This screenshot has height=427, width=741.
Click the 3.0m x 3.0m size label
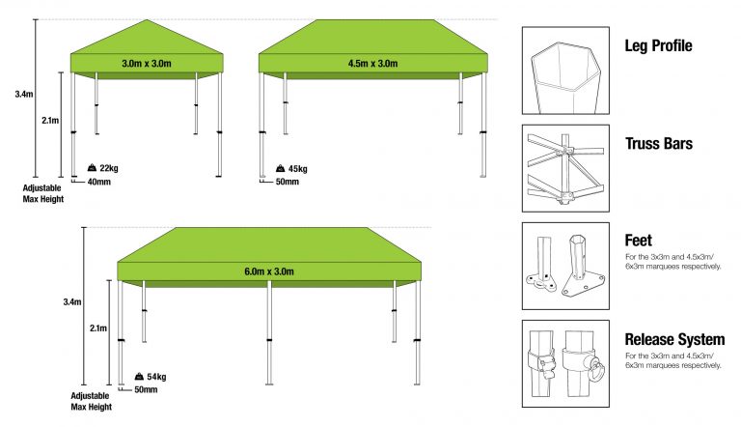tap(147, 64)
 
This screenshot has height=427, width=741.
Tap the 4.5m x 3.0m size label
tap(372, 64)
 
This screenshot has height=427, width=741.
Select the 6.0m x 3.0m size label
tap(268, 271)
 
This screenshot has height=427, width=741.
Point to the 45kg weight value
tap(297, 168)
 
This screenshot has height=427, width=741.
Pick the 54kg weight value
tap(157, 376)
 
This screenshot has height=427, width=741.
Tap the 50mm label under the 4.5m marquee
tap(288, 181)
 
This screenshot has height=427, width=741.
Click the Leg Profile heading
tap(659, 45)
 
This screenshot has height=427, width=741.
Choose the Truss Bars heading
tap(658, 143)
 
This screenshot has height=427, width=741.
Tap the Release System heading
tap(674, 339)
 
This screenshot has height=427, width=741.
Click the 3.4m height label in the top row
tap(24, 95)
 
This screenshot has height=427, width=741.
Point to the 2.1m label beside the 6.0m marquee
tap(97, 328)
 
